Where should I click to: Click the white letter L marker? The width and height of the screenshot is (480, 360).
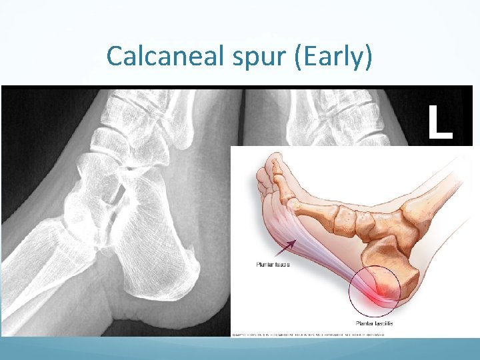pyautogui.click(x=439, y=123)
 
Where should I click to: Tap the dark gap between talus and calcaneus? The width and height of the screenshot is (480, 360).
pyautogui.click(x=117, y=197)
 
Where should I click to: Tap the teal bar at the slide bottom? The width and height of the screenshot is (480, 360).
pyautogui.click(x=240, y=348)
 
